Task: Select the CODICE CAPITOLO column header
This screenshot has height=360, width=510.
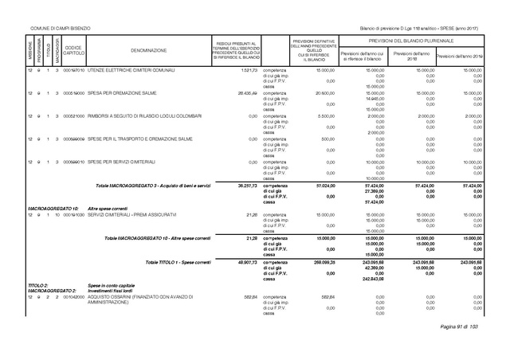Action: click(x=73, y=49)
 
